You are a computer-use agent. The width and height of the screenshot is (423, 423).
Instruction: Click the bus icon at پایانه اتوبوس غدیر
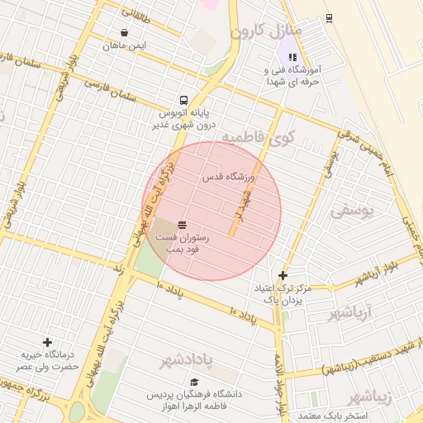pyautogui.click(x=183, y=96)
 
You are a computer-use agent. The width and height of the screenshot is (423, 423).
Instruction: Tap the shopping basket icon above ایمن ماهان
pyautogui.click(x=124, y=33)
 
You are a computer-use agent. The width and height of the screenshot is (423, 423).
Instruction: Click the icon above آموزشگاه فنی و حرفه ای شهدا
pyautogui.click(x=292, y=57)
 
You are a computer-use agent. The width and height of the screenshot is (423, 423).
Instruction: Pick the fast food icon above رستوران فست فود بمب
pyautogui.click(x=181, y=225)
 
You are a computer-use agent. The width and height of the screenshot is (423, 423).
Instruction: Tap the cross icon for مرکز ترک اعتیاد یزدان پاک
pyautogui.click(x=283, y=275)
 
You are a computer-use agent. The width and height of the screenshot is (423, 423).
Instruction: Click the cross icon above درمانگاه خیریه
pyautogui.click(x=48, y=342)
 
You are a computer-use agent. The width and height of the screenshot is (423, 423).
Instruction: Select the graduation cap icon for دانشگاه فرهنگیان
pyautogui.click(x=194, y=382)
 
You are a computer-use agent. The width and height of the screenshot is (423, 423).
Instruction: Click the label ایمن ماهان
pyautogui.click(x=124, y=45)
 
